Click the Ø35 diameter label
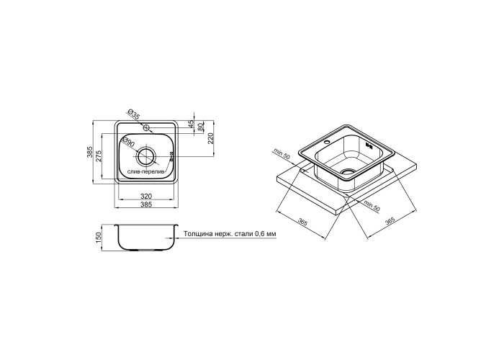click(x=133, y=114)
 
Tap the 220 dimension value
click(x=211, y=139)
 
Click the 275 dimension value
click(x=99, y=156)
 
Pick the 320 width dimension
click(x=146, y=196)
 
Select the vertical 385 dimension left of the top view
click(x=90, y=152)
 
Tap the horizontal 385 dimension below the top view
click(x=146, y=204)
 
